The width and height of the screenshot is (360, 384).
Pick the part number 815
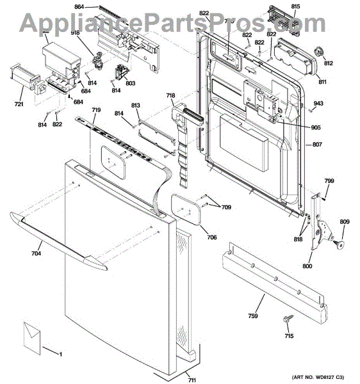click(x=295, y=6)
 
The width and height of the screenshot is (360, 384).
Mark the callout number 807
click(x=317, y=145)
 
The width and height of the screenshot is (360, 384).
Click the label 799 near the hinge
click(x=329, y=182)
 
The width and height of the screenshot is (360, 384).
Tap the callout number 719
click(x=95, y=111)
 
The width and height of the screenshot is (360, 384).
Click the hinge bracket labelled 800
click(x=319, y=228)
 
